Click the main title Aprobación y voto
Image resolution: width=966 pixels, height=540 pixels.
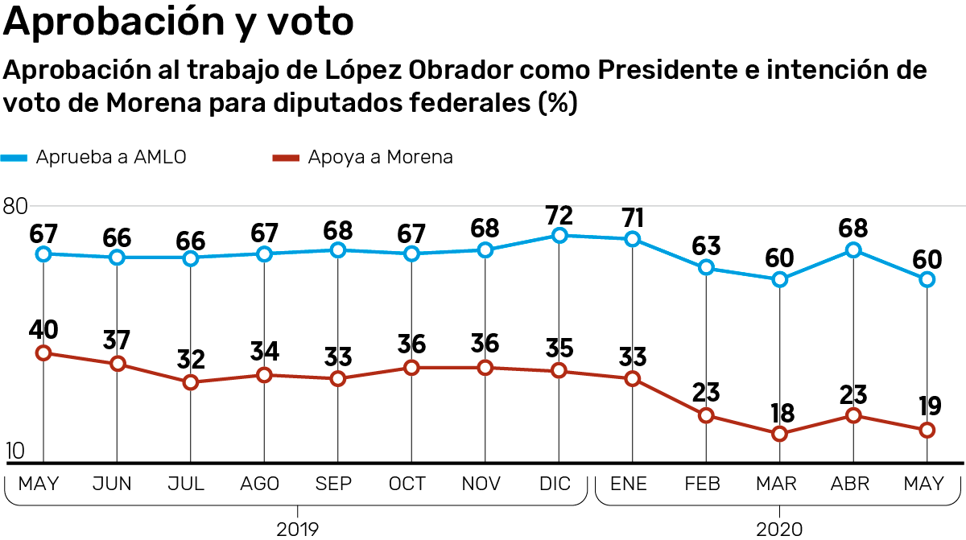click(x=179, y=22)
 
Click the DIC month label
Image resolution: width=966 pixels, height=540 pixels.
click(x=555, y=484)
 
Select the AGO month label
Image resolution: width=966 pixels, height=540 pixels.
click(x=260, y=484)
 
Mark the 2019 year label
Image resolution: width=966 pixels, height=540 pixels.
click(x=298, y=529)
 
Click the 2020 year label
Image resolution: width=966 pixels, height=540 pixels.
click(x=779, y=529)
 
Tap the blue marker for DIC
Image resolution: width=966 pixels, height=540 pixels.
click(x=559, y=236)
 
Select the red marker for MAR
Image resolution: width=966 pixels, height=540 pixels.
click(x=779, y=434)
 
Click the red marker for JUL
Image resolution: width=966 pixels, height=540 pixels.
click(x=191, y=382)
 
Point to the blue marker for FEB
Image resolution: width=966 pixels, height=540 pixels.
click(x=706, y=268)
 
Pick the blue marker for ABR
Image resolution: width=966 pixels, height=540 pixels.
click(x=853, y=250)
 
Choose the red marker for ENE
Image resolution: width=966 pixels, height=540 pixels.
click(x=633, y=378)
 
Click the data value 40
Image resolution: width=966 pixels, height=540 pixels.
click(x=44, y=331)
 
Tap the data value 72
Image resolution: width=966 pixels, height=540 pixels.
click(x=559, y=215)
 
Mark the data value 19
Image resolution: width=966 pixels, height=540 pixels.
click(x=927, y=408)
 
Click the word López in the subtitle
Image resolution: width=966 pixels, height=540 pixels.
click(x=363, y=71)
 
